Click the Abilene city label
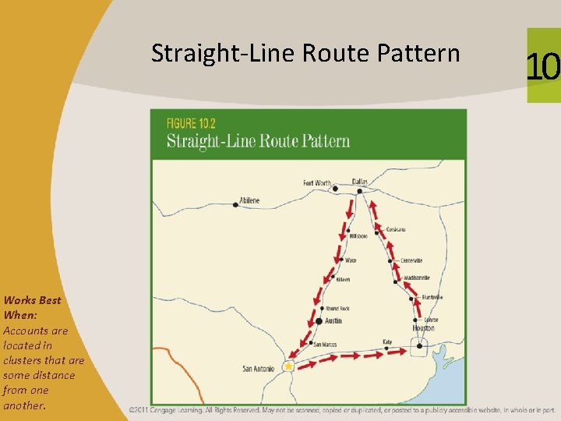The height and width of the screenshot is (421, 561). click(250, 200)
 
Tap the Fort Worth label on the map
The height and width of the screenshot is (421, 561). click(317, 183)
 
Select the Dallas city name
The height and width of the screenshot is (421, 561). click(359, 181)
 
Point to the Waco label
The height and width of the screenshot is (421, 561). click(351, 260)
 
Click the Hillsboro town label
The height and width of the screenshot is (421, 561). click(358, 235)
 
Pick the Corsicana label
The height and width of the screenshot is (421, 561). click(396, 229)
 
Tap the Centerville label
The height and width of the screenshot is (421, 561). click(411, 260)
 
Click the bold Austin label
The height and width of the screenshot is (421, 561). click(333, 321)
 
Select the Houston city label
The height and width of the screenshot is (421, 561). click(424, 328)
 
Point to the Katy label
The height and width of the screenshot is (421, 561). click(387, 341)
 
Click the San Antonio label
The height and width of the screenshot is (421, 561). click(259, 369)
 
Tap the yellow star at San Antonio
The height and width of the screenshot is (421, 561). click(288, 366)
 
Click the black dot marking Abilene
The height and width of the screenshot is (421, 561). click(235, 205)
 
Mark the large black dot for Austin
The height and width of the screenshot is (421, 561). click(319, 320)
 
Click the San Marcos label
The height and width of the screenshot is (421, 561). click(324, 344)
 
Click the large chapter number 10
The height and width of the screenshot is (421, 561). click(543, 67)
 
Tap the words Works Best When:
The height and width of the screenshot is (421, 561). click(32, 307)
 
